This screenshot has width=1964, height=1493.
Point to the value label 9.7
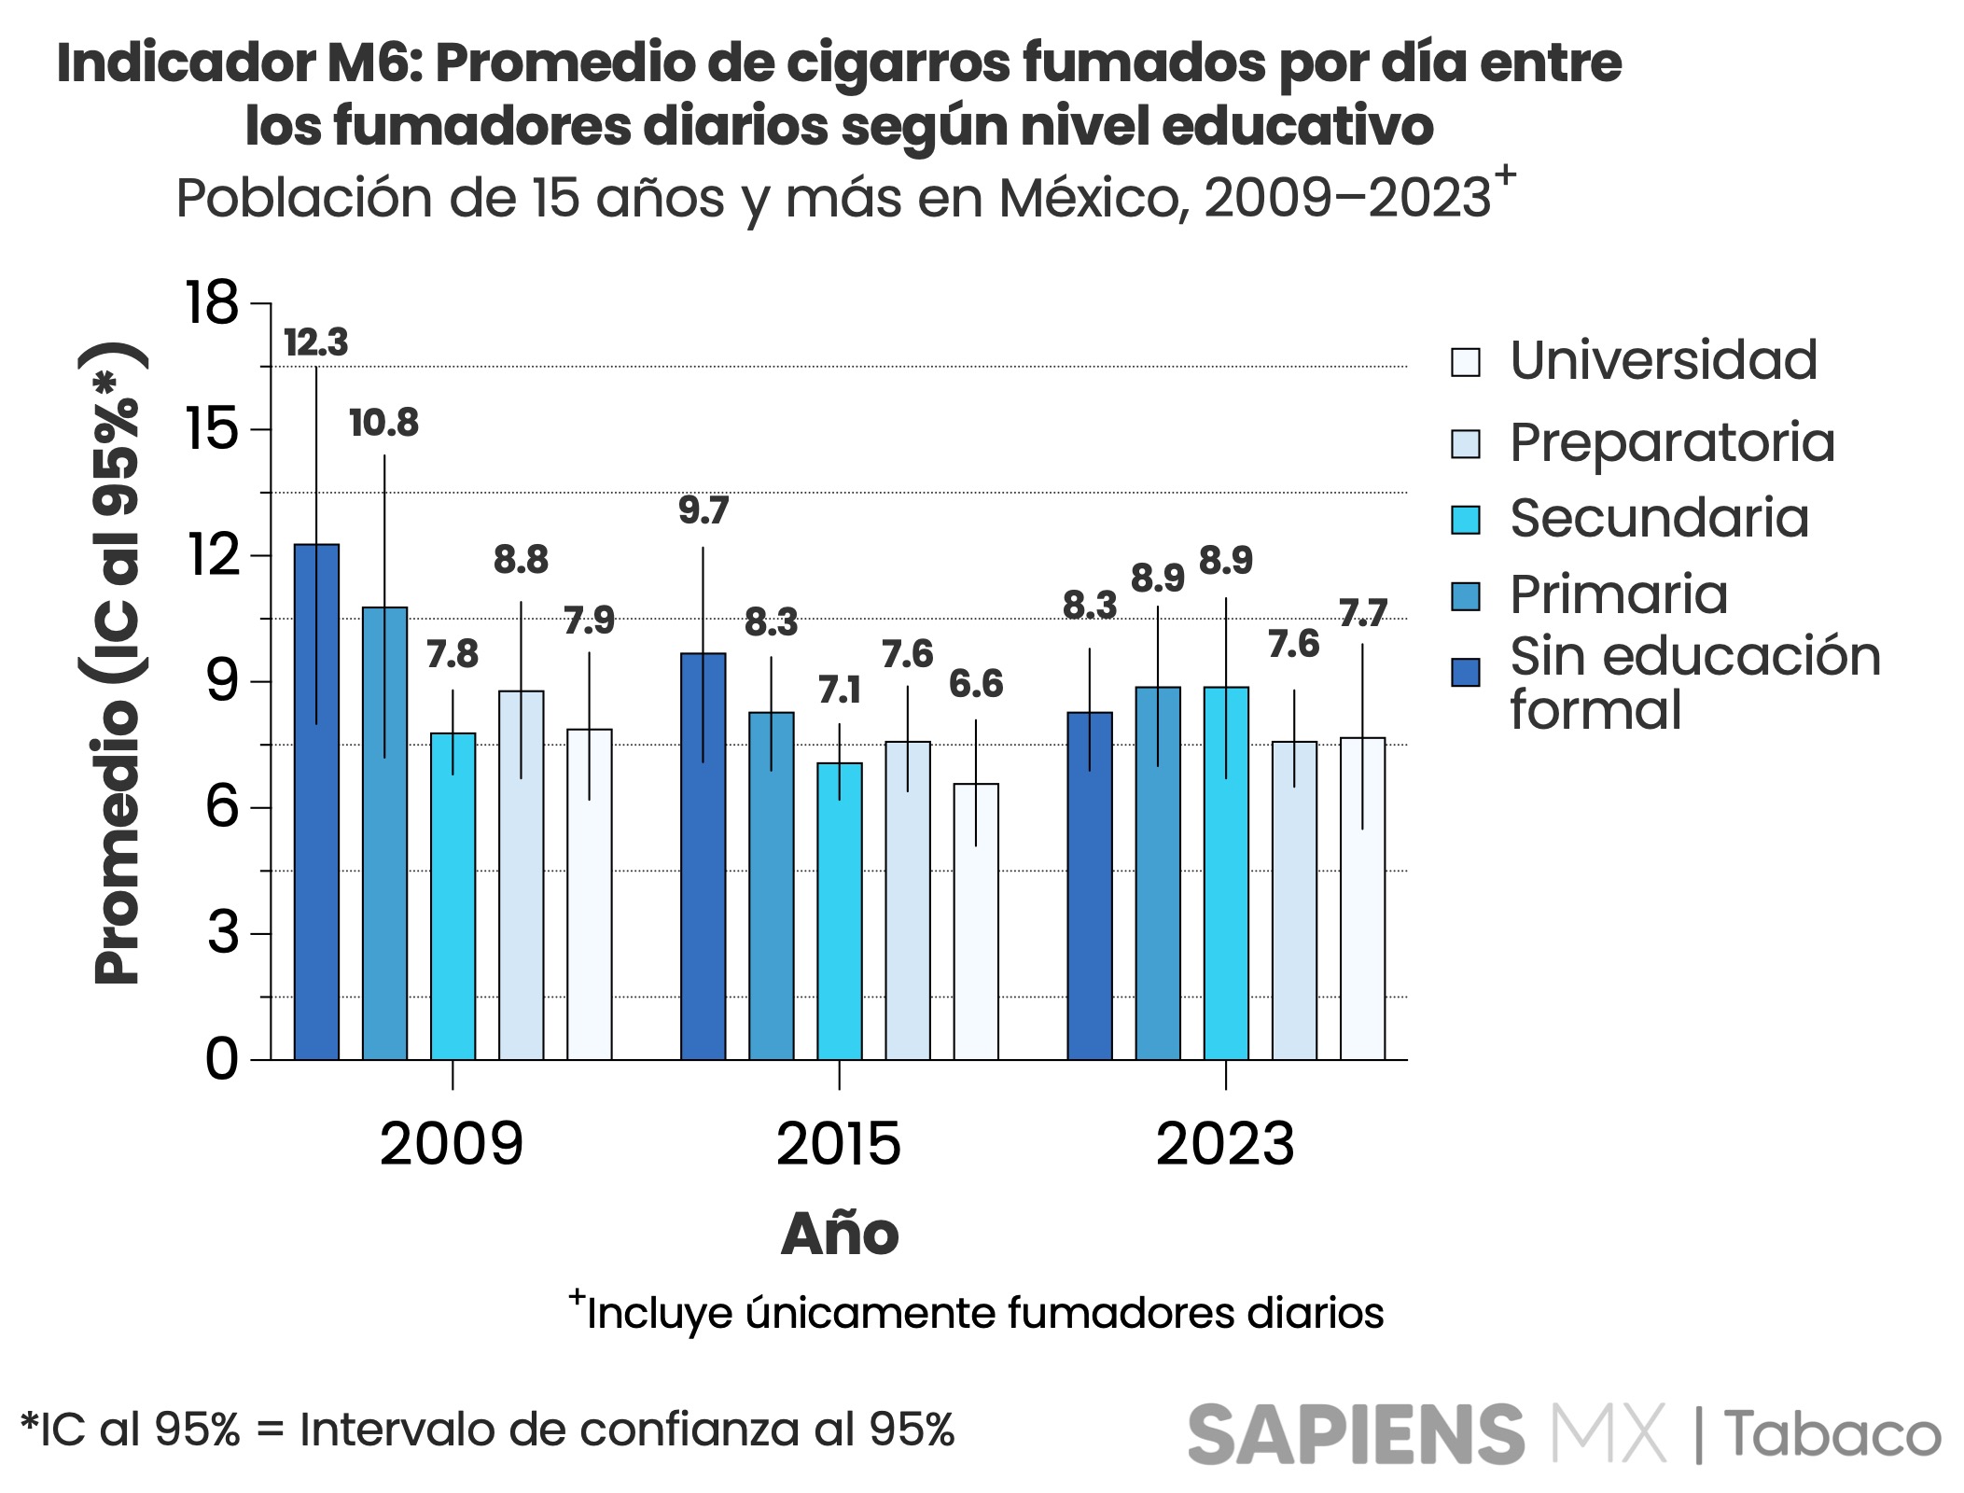coord(703,510)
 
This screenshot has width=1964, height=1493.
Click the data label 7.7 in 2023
coord(1363,613)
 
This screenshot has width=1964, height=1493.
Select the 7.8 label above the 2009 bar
coord(453,655)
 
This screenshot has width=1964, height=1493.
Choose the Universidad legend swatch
coord(1466,362)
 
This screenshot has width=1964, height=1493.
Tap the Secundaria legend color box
coord(1466,520)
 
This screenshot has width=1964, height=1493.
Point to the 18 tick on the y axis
coord(213,303)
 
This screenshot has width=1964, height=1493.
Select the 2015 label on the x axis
coord(839,1144)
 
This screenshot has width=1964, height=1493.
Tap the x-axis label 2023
coord(1225,1144)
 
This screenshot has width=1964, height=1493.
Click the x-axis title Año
coord(840,1234)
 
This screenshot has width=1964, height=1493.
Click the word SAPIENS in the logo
coord(1356,1435)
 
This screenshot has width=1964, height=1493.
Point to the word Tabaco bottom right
coord(1832,1435)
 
